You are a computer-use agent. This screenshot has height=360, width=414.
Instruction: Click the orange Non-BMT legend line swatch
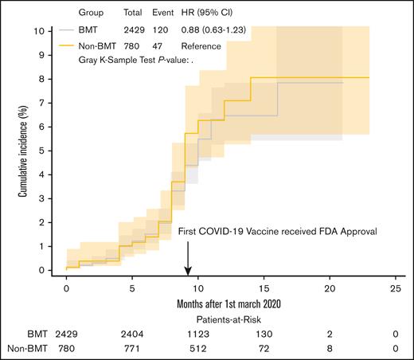tap(67, 45)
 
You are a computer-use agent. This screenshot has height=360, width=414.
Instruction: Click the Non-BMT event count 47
tap(158, 45)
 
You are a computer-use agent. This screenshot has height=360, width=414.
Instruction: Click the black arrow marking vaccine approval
tap(188, 257)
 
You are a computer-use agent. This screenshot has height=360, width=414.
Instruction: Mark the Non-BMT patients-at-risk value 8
tap(330, 349)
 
